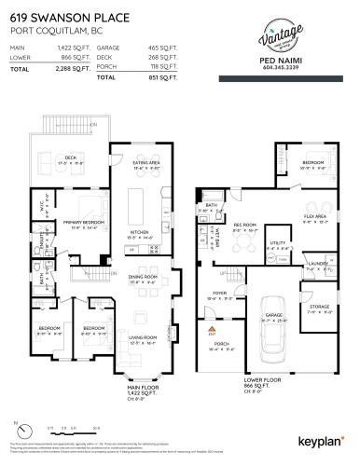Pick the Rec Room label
[244, 225]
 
